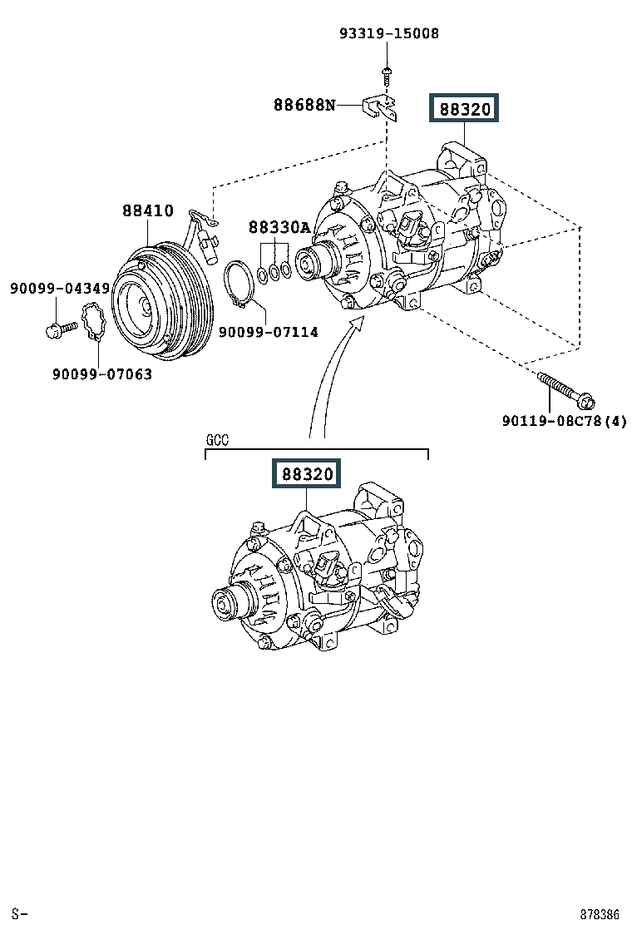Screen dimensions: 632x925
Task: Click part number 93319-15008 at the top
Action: click(389, 33)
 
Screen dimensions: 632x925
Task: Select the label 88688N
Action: click(304, 105)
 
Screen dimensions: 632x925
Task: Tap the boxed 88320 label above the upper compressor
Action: click(464, 108)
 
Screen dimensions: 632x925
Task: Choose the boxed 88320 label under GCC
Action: click(306, 473)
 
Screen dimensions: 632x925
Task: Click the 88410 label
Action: click(148, 210)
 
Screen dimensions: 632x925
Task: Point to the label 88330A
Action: click(279, 227)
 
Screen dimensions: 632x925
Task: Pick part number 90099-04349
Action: click(60, 289)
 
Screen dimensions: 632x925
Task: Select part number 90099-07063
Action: click(102, 374)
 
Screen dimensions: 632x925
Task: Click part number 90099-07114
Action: click(269, 332)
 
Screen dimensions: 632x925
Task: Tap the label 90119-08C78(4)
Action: click(564, 421)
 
